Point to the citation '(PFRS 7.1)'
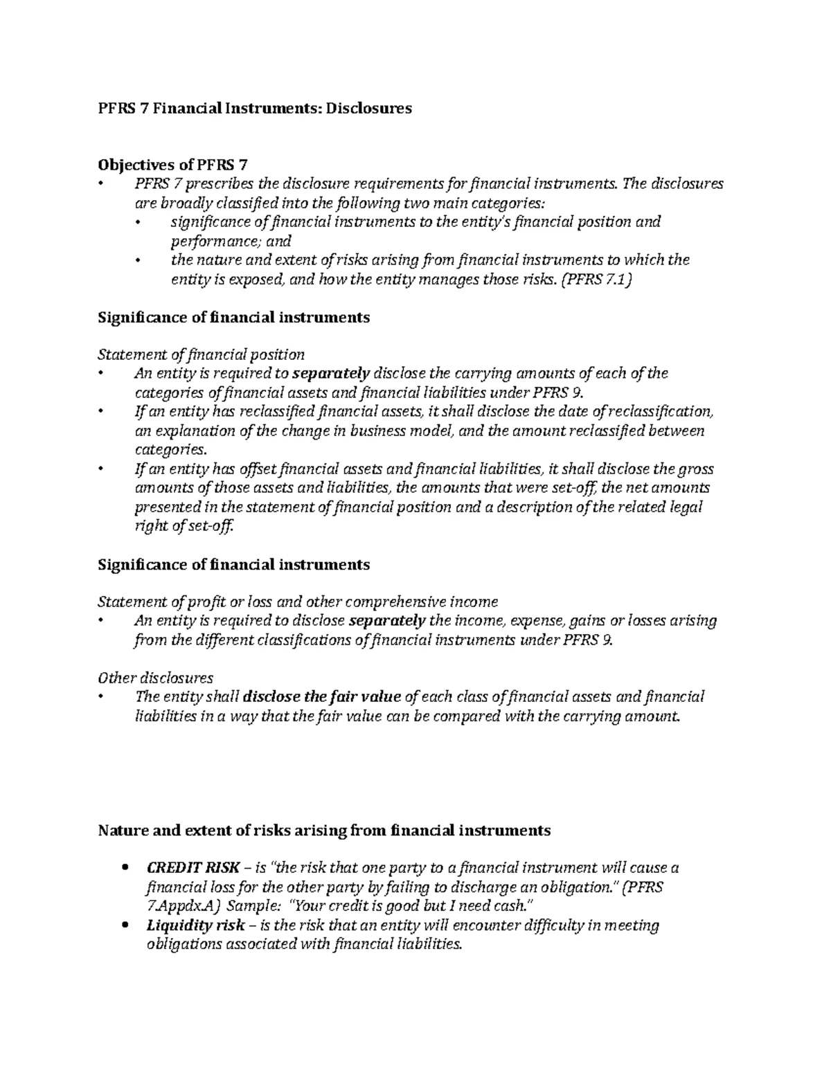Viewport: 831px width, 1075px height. coord(596,280)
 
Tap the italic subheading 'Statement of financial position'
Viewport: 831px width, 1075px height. coord(202,355)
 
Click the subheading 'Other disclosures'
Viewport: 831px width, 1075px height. coord(156,678)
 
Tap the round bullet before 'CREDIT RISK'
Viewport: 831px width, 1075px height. coord(125,868)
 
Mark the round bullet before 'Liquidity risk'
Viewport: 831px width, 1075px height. coord(125,925)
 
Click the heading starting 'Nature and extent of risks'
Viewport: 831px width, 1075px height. coord(324,830)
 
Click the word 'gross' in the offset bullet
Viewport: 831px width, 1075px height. coord(697,469)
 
